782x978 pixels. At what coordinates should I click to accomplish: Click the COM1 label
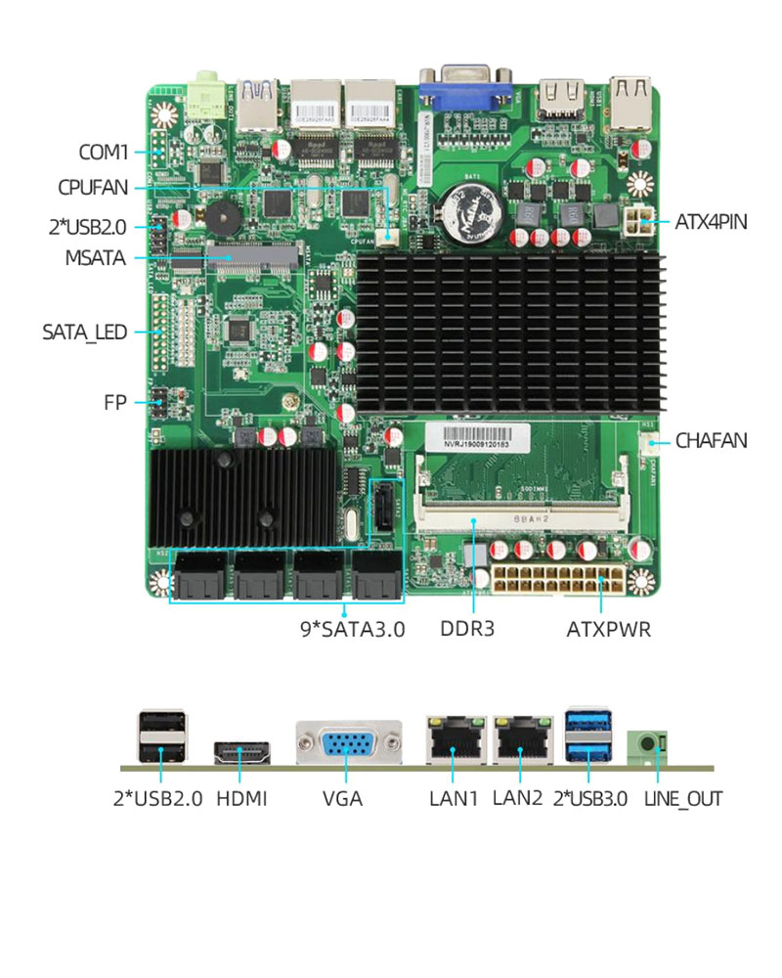click(x=104, y=153)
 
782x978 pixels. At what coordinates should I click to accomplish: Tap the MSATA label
click(x=95, y=258)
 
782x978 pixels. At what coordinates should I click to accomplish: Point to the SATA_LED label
click(x=85, y=332)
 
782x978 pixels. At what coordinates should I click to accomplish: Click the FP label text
click(x=115, y=402)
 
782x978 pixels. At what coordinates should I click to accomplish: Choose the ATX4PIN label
click(x=711, y=222)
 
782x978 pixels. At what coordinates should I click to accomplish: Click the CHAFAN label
click(x=711, y=441)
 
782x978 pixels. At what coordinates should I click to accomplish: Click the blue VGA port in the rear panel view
click(x=348, y=744)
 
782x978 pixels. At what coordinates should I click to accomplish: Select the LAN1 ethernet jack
click(x=454, y=740)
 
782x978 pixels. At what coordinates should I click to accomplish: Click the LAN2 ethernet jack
click(x=520, y=740)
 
